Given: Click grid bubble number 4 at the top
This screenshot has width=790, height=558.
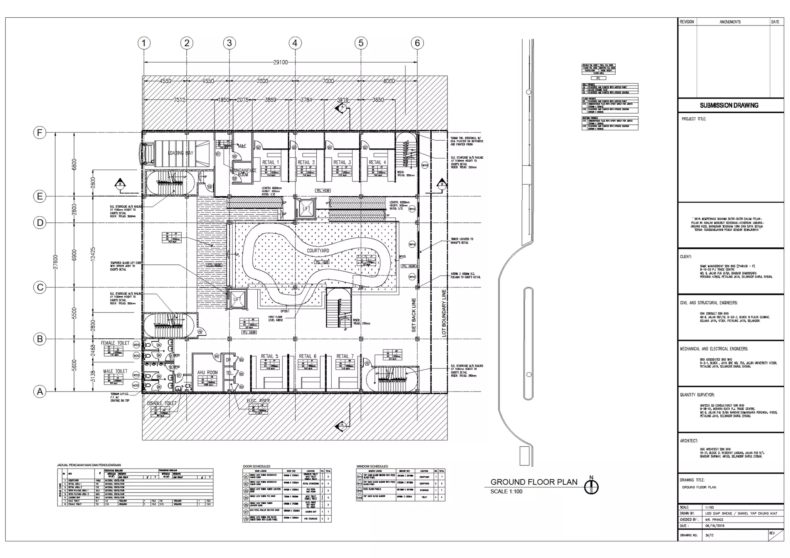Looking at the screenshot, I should click(x=295, y=43).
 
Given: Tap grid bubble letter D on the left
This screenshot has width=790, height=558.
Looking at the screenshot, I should click(x=40, y=223).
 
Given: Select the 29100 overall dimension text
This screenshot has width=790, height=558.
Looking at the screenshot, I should click(x=280, y=62).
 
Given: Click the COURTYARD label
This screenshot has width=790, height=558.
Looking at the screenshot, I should click(x=318, y=250).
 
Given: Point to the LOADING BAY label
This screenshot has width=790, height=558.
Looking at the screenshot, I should click(x=181, y=153).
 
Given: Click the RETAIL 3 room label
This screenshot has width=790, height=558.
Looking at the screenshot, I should click(x=342, y=162).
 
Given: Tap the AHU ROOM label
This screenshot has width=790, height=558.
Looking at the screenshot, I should click(x=207, y=372).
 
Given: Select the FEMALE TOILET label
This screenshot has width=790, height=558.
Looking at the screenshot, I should click(x=115, y=343).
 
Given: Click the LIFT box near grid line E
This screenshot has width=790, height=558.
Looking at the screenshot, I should click(x=306, y=209).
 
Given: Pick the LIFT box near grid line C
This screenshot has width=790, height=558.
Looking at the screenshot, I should click(x=237, y=299).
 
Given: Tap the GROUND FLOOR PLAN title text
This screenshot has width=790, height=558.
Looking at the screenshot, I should click(x=534, y=482).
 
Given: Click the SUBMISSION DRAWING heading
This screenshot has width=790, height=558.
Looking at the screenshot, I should click(x=729, y=105).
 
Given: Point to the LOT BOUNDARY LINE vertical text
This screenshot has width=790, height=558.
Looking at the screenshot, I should click(x=444, y=313).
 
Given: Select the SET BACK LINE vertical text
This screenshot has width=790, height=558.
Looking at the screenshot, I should click(x=414, y=315).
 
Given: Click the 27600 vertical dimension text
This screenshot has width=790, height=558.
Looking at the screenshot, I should click(x=56, y=262).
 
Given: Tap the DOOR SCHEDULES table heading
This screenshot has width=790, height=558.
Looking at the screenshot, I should click(x=257, y=466).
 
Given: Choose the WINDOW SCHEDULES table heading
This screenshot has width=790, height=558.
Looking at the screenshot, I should click(x=372, y=466).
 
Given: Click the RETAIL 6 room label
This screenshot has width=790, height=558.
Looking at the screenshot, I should click(x=307, y=356).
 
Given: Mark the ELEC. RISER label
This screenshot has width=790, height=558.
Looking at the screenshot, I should click(x=258, y=401).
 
